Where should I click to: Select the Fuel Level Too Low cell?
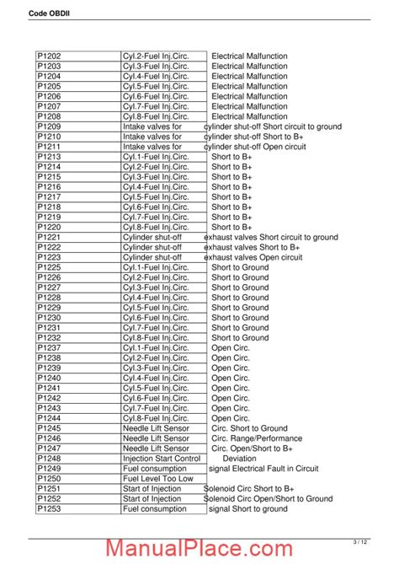pos(158,479)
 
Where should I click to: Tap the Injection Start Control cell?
pos(162,459)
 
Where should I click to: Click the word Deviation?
pos(238,459)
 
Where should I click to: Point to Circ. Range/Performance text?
pos(257,438)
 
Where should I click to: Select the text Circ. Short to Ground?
pos(249,428)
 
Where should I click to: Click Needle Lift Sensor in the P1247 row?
pos(156,449)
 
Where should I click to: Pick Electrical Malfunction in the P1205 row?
pos(249,86)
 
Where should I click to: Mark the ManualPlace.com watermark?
pos(200,548)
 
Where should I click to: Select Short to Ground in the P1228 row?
pos(240,298)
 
